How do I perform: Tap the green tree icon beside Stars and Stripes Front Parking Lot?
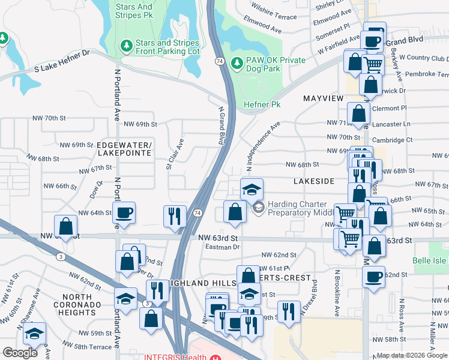point(126,46)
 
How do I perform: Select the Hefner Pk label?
point(262,104)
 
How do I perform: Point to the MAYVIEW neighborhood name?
point(324,98)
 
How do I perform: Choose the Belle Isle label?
point(430,261)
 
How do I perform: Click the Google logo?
point(20,353)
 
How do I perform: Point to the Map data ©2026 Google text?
point(412,355)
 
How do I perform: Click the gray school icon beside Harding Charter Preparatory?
point(259,208)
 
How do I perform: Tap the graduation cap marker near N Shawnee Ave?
point(35,334)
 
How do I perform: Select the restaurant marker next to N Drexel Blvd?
point(289,311)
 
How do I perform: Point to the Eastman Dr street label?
point(222,247)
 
